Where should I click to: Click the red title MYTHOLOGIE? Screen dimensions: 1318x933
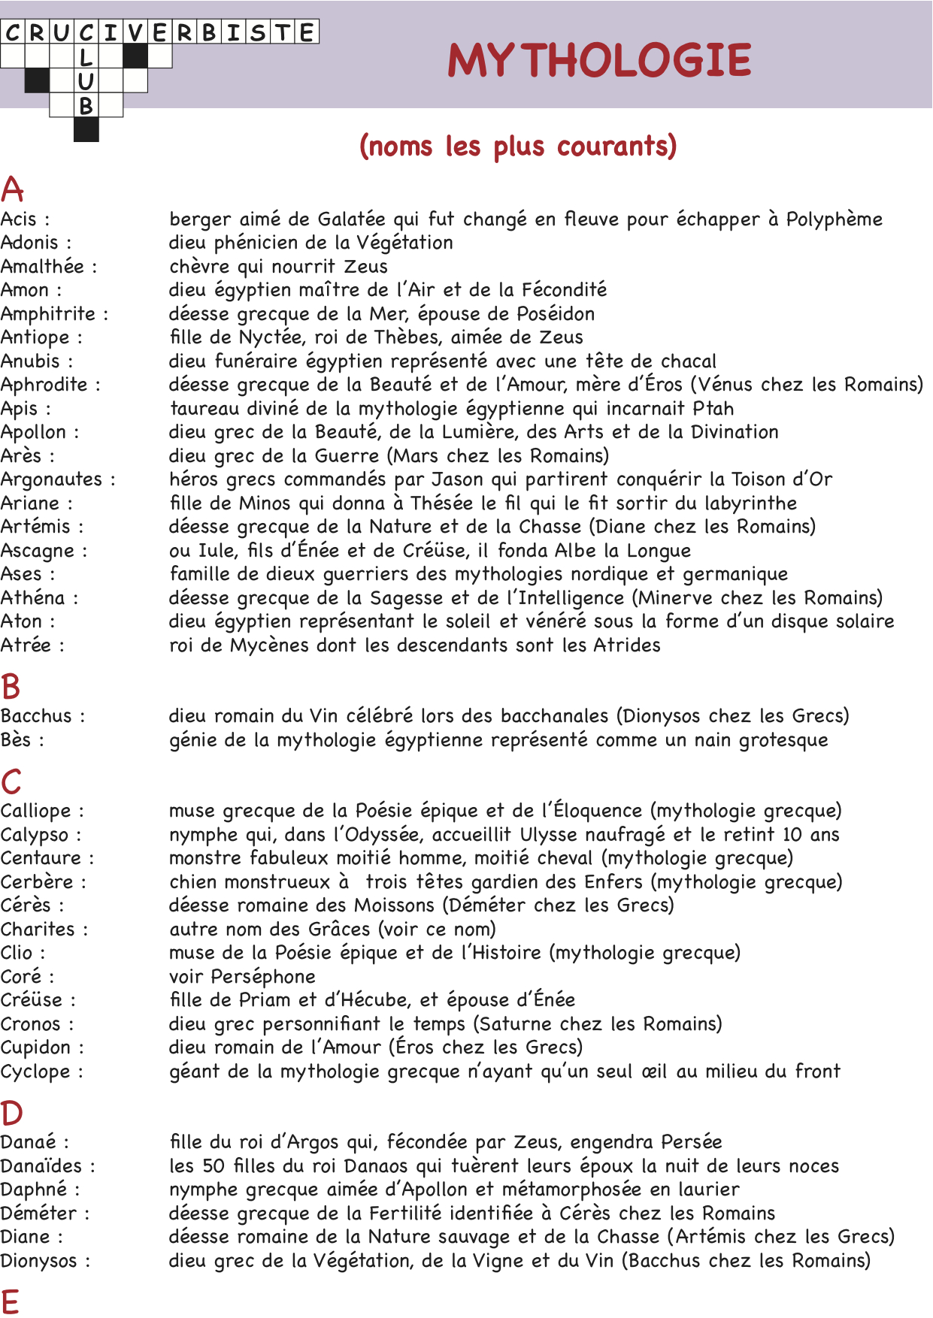click(x=599, y=60)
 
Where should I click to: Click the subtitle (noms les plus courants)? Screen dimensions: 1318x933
click(x=518, y=146)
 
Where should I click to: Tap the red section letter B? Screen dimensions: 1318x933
click(x=11, y=687)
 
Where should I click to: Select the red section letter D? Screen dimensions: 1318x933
click(x=11, y=1113)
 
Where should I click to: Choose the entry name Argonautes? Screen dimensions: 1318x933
click(x=52, y=479)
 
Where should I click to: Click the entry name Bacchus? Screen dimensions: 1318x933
click(x=37, y=716)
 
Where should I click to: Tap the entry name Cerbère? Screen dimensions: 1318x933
click(x=38, y=882)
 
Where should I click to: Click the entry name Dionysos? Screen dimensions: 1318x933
click(x=39, y=1261)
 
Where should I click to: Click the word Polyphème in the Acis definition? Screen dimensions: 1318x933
click(x=834, y=219)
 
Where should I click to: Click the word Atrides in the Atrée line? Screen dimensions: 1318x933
click(x=626, y=645)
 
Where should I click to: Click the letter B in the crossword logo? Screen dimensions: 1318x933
click(x=86, y=106)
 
